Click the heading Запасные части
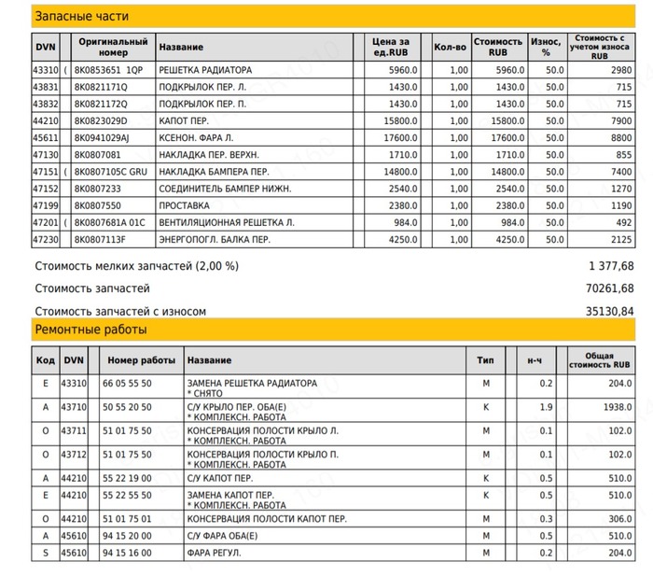[81, 17]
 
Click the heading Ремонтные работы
[90, 330]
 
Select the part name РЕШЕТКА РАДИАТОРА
[205, 70]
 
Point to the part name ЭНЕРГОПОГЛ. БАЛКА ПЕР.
[215, 238]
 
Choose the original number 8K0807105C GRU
[111, 171]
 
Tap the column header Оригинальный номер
[114, 46]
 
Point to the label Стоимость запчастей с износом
[119, 311]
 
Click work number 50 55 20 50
[129, 407]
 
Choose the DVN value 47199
[46, 204]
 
